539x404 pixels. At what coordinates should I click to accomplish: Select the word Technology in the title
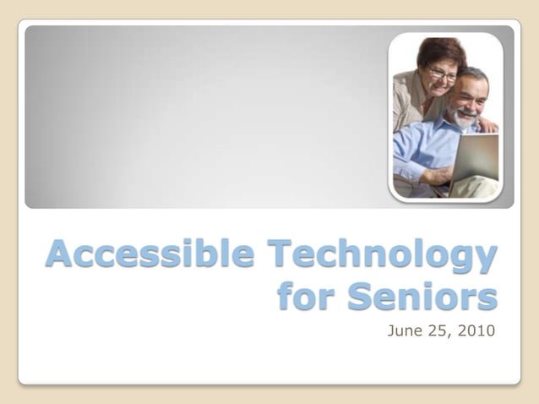(381, 254)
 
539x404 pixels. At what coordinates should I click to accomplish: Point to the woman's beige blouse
(407, 101)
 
